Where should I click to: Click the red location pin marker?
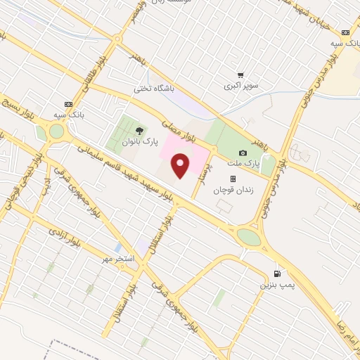pos(181,165)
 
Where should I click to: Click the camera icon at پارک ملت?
pos(243,153)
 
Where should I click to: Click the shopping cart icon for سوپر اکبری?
pos(240,75)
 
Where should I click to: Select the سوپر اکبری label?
pos(240,86)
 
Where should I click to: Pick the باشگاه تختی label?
pos(153,89)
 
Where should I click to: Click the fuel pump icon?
pos(278,273)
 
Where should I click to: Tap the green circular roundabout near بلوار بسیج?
pos(55,131)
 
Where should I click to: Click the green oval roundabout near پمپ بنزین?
pos(248,237)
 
